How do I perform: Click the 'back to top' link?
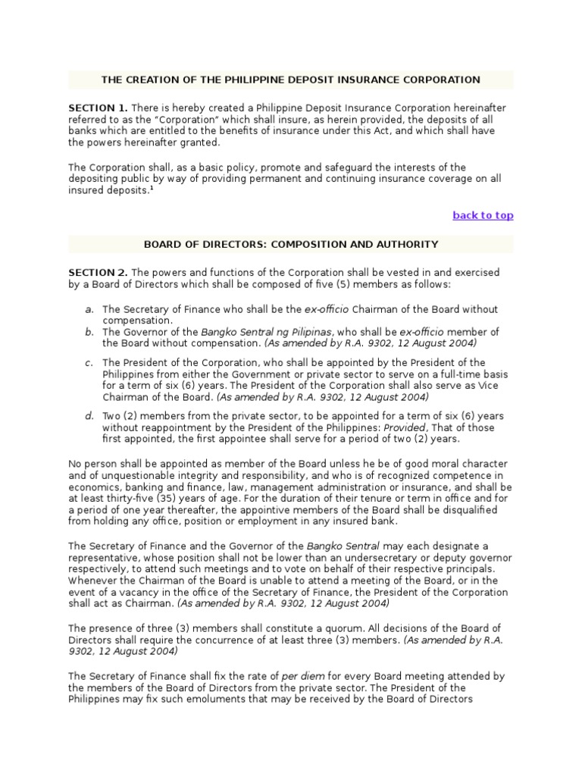tap(483, 215)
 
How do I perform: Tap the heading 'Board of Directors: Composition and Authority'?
tap(290, 244)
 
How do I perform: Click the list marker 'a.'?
tap(89, 309)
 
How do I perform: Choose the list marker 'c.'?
tap(89, 363)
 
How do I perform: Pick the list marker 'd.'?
tap(89, 417)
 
